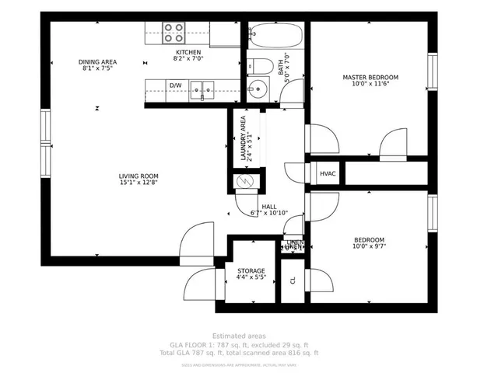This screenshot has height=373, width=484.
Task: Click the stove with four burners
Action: (174, 33)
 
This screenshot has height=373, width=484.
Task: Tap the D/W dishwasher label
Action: (176, 85)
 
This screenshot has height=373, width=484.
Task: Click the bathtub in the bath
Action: (273, 37)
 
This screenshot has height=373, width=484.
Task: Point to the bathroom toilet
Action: (261, 64)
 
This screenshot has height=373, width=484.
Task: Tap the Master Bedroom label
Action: (370, 78)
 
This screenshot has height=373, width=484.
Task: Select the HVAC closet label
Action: (328, 173)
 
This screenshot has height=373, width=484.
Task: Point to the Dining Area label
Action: (97, 61)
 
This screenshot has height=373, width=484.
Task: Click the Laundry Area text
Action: (244, 139)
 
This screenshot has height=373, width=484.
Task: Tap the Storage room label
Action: (251, 271)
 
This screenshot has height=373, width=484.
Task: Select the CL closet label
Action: (293, 281)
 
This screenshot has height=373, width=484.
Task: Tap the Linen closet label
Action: (294, 244)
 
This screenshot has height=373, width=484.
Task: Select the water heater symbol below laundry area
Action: (245, 182)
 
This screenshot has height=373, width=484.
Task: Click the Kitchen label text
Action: (187, 52)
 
